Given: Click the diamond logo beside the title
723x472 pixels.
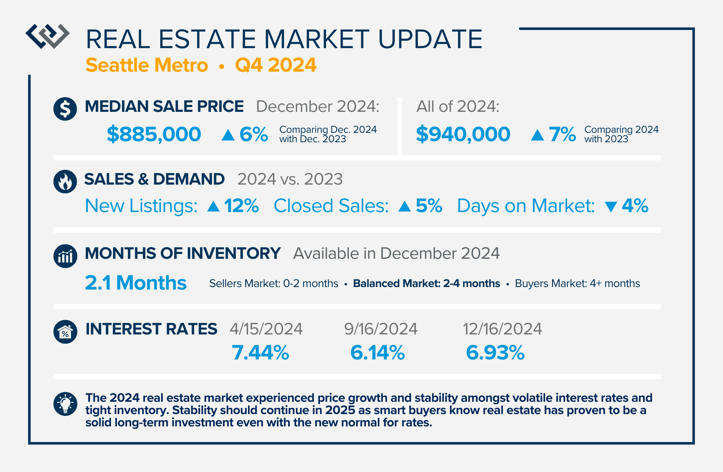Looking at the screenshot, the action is pos(47,36).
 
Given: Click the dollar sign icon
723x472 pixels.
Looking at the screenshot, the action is pos(65,109).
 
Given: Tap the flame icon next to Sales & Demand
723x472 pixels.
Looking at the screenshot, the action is pos(65,181).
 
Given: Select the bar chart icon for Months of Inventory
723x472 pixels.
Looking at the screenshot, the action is pos(65,256).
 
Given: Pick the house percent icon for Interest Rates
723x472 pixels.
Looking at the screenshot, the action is pos(65,332).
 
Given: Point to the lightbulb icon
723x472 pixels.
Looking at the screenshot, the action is pos(65,404).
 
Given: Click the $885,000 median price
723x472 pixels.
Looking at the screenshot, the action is pos(154,134).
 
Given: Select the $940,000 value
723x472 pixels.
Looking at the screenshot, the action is pos(463,134).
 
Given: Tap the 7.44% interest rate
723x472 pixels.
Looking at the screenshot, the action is pos(260,353).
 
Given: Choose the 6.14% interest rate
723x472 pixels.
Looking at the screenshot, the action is pos(377,353).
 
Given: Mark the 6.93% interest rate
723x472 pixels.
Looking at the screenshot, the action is pos(495,353).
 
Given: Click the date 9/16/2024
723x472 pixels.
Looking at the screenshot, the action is pos(381,329).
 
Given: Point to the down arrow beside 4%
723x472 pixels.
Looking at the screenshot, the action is pos(611,207).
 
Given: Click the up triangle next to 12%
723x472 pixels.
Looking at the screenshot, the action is pos(214,206).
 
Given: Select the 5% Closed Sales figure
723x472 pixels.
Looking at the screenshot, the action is pos(429,206).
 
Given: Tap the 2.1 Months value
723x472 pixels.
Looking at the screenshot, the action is pos(136,283).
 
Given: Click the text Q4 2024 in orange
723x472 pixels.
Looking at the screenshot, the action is pos(276,65).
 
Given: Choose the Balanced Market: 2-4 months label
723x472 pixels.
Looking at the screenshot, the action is pos(427,283).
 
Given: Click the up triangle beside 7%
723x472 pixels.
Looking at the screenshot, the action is pos(538,135).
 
